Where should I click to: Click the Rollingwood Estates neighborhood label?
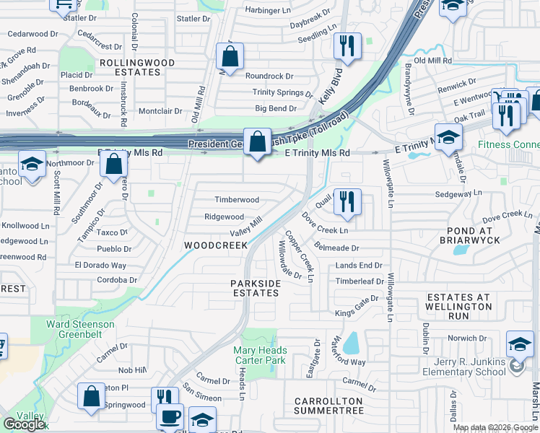point(137,67)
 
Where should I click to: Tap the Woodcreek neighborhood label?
point(216,245)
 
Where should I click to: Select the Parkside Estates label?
point(255,289)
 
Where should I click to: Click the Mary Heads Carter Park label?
point(260,355)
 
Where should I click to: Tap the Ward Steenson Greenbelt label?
point(80,329)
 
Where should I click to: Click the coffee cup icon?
point(170,417)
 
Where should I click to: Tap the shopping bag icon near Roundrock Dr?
point(230,56)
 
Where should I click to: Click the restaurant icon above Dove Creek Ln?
point(347,202)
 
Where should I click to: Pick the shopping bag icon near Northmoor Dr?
point(114,165)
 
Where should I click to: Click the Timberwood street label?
point(236,200)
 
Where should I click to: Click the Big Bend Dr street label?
point(276,109)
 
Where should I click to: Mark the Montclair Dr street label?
point(160,111)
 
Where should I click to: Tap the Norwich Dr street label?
point(463,338)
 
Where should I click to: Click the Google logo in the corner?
point(24,424)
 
